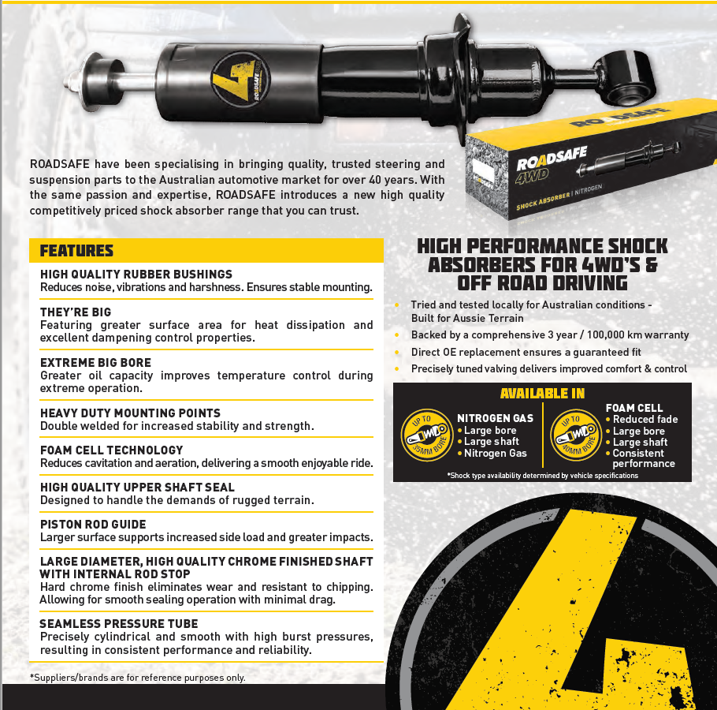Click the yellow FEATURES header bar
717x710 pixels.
pos(206,251)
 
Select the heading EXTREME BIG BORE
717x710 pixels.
pos(95,363)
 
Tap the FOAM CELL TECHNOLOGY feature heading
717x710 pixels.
pos(111,450)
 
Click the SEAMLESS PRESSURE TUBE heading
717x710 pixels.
pos(118,623)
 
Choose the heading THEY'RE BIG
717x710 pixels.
pos(76,312)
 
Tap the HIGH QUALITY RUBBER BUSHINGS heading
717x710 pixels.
pos(136,275)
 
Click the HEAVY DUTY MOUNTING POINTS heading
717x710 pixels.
pos(130,413)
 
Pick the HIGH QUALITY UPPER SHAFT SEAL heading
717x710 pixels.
pos(137,488)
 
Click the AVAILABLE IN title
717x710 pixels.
pos(542,394)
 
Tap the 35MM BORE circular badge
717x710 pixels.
pos(425,435)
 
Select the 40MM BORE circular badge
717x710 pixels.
pos(575,435)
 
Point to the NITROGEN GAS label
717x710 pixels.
pos(495,418)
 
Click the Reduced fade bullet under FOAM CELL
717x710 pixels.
pos(645,420)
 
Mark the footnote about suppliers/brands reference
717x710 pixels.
pos(138,677)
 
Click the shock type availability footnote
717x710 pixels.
pos(542,476)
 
